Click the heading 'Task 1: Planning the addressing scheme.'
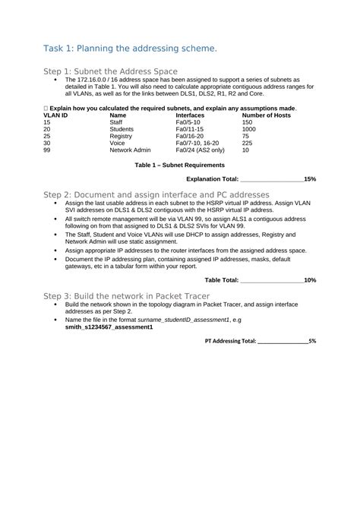click(x=130, y=49)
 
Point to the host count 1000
click(x=249, y=129)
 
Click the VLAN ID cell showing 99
click(x=47, y=150)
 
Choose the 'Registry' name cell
click(x=122, y=136)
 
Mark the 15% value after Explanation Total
click(x=310, y=178)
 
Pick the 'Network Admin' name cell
click(x=131, y=150)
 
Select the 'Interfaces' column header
click(x=190, y=115)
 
